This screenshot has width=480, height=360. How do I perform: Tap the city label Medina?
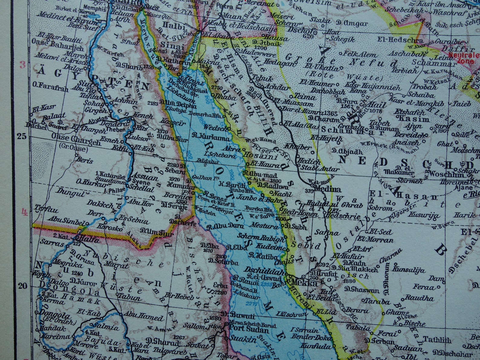click(x=328, y=190)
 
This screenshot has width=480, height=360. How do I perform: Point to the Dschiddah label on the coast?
click(x=264, y=270)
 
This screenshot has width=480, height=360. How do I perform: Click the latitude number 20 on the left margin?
click(x=22, y=286)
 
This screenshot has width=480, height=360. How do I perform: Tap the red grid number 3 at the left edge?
click(x=22, y=65)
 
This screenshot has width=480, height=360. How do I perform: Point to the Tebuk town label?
click(x=258, y=77)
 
